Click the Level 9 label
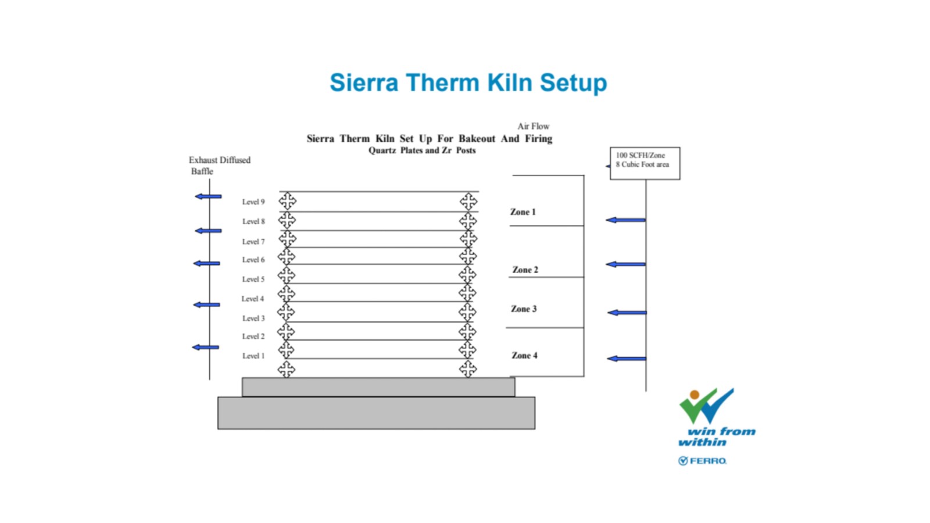tap(253, 202)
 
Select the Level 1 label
tap(253, 356)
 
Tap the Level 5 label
tap(253, 280)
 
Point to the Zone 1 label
tap(523, 212)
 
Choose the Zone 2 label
tap(525, 270)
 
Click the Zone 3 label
tap(524, 309)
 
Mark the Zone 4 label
tap(524, 355)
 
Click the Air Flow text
tap(533, 126)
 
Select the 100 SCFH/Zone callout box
tap(645, 163)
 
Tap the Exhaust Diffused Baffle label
tap(220, 166)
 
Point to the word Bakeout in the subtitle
tap(477, 139)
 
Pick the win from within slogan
tap(717, 436)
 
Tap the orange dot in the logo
tap(695, 395)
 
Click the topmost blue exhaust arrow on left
tap(208, 196)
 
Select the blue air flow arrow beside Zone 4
tap(627, 359)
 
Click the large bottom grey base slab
tap(376, 413)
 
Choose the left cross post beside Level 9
tap(287, 201)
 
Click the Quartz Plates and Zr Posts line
tap(422, 151)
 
